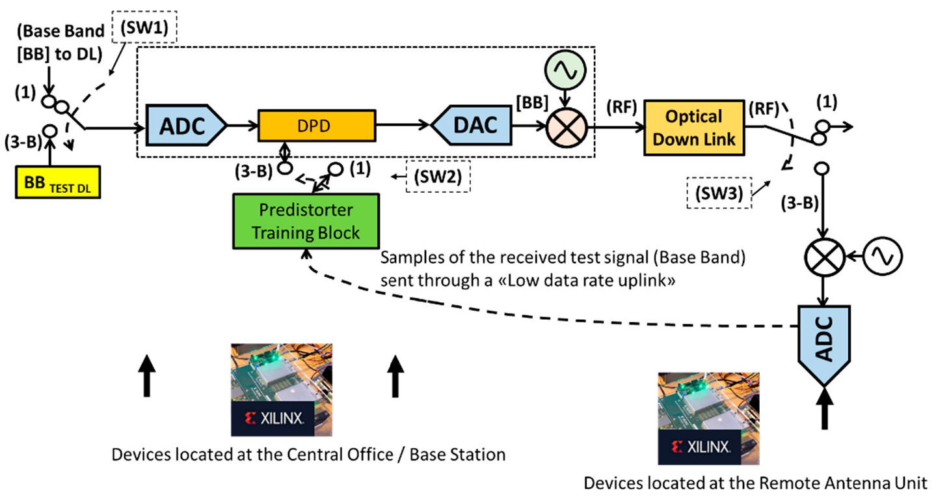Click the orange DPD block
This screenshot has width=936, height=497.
(x=317, y=125)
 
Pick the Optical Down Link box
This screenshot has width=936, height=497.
(x=694, y=128)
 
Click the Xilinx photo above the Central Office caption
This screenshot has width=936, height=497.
(x=282, y=389)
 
